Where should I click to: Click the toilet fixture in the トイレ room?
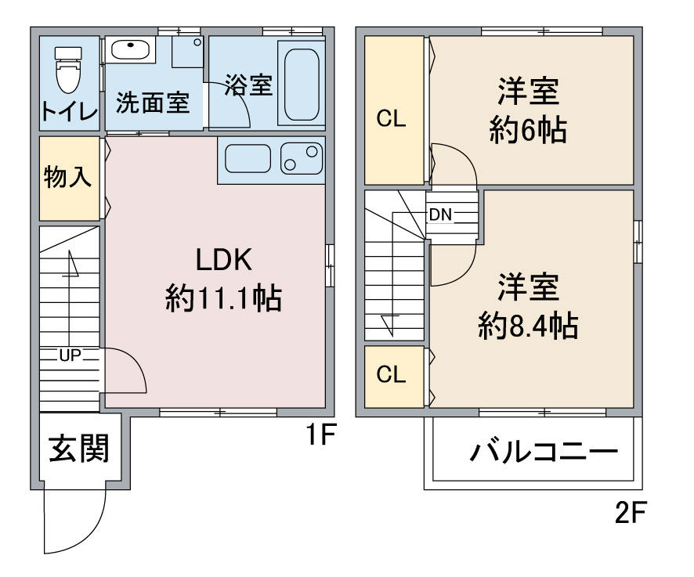point(68,70)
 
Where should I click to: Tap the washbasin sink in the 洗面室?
point(130,49)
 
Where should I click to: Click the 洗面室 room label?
point(153,103)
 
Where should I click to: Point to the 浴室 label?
point(249,85)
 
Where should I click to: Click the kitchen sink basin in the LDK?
point(248,158)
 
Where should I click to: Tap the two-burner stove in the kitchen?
point(302,158)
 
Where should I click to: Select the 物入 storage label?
point(67,177)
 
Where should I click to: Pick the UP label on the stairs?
point(70,355)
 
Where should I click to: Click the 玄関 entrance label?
point(79,449)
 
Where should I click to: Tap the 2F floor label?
point(631,512)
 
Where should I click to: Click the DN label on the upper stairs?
point(440,215)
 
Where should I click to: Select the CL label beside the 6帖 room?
point(392,118)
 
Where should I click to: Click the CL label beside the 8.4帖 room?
point(392,374)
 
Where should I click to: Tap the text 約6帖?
point(528,130)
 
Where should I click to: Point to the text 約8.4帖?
point(528,326)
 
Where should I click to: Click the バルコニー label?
point(544,452)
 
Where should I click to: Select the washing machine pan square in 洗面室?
point(188,52)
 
